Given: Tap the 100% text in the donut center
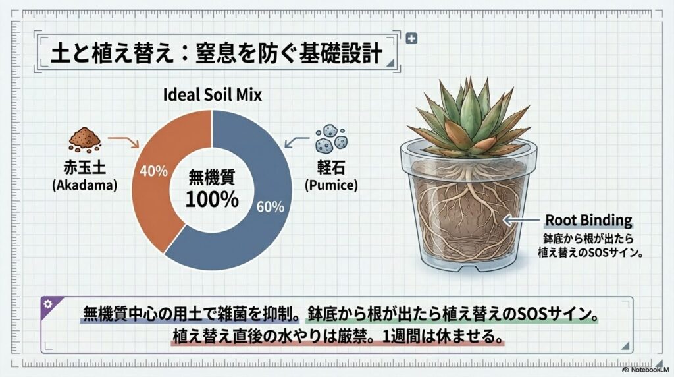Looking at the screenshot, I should (211, 200).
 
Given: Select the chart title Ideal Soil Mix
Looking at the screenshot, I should (212, 96).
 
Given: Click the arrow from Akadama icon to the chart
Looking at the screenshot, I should (123, 140).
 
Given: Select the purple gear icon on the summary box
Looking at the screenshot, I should (47, 304).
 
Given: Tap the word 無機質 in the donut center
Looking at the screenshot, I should (211, 177).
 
